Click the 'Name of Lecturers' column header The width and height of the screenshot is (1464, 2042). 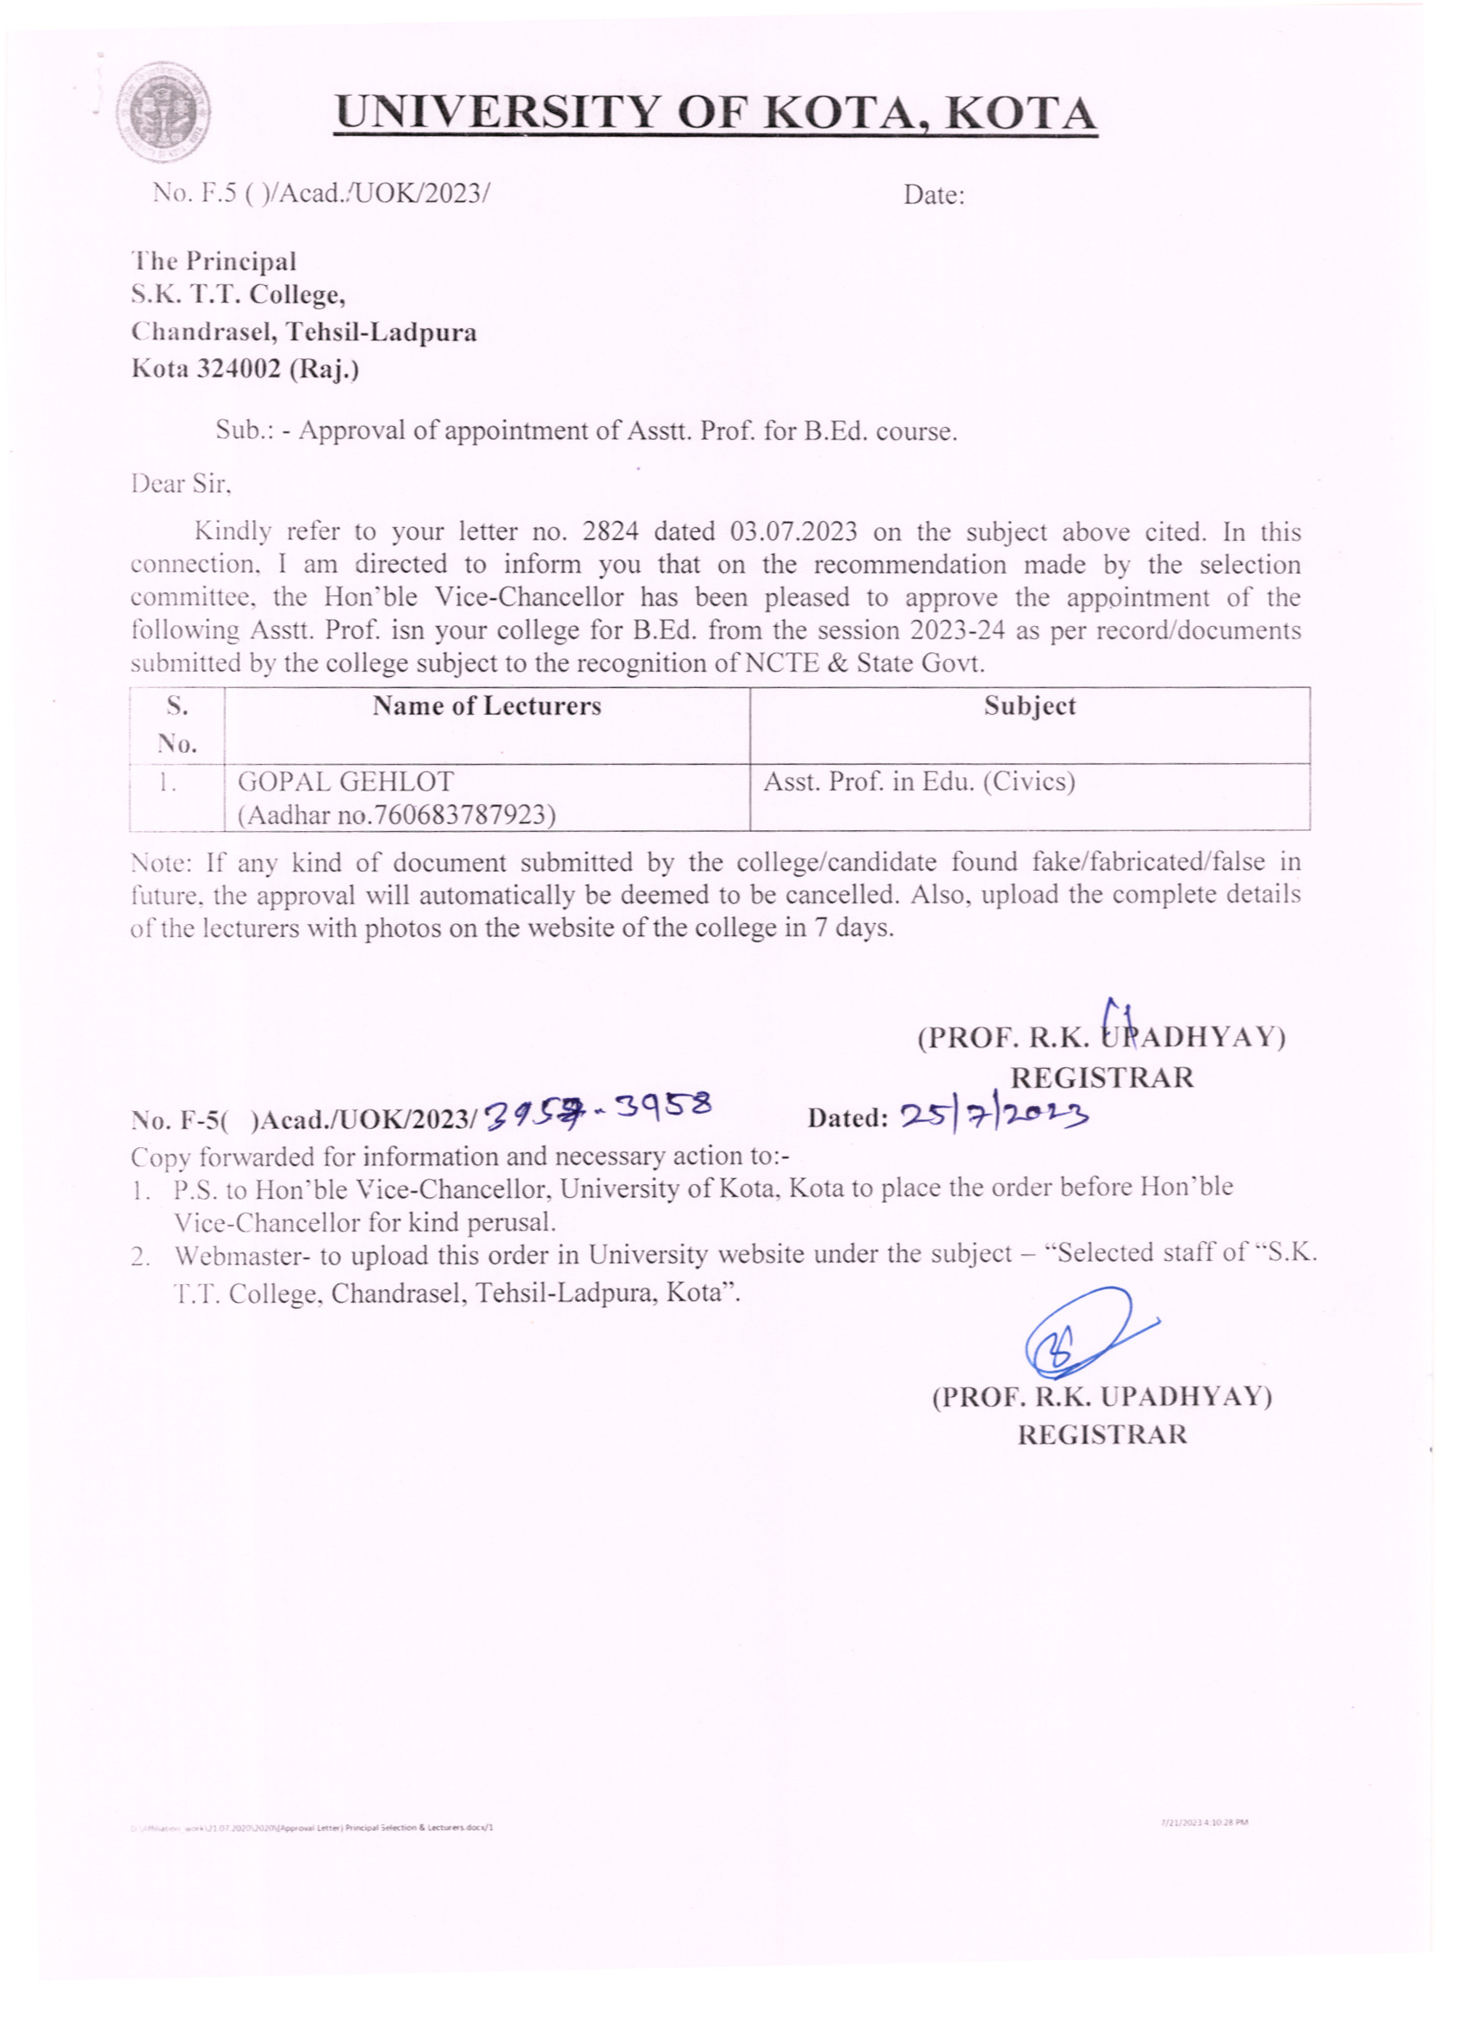(x=487, y=706)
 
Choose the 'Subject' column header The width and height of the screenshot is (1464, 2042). (x=1029, y=706)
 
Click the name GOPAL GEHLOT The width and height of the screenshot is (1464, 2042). (x=345, y=781)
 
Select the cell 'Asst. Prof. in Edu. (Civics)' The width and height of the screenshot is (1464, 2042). (x=919, y=781)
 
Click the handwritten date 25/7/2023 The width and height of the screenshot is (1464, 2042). (x=995, y=1114)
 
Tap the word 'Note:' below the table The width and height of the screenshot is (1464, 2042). (x=161, y=863)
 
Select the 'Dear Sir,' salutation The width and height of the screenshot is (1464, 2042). (x=181, y=484)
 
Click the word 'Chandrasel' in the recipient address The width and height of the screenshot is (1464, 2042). (x=204, y=333)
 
